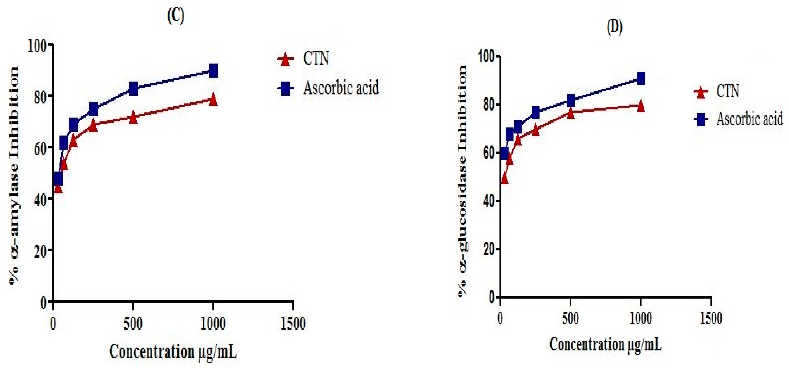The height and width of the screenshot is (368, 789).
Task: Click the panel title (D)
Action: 614,28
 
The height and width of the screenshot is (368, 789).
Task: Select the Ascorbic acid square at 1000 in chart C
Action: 213,71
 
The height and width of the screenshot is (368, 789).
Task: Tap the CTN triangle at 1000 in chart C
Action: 213,100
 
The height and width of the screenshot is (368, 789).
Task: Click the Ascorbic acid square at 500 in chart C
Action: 133,88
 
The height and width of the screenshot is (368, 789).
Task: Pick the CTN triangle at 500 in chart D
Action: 570,113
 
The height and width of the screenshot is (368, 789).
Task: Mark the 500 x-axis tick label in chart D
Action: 570,318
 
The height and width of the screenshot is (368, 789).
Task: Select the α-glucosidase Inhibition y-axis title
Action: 462,181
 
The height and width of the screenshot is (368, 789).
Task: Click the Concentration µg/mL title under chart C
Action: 173,351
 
